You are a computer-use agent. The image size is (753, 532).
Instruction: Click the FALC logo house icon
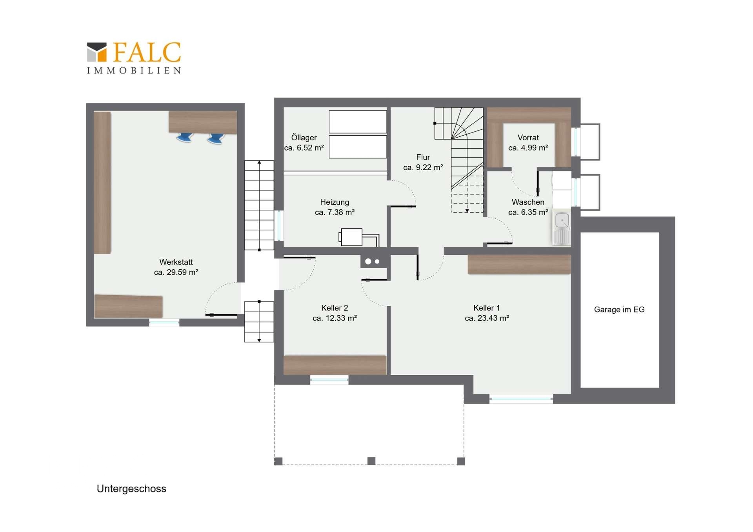point(97,52)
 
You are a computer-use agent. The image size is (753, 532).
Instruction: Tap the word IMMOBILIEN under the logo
point(134,71)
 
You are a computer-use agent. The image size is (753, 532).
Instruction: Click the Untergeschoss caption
point(131,488)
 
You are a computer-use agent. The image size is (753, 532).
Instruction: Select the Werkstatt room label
point(176,262)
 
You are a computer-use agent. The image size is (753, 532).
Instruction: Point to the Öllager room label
point(304,138)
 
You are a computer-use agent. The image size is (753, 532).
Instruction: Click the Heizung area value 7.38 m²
point(335,212)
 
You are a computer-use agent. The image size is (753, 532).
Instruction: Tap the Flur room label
point(423,157)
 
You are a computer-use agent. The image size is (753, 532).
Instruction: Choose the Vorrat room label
point(528,138)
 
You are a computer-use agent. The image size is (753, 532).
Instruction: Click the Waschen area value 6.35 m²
point(528,212)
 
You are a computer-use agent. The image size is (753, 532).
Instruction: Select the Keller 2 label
point(335,308)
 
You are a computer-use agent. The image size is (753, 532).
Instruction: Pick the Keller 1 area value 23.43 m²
point(487,318)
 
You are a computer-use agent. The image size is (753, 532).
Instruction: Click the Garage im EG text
point(619,310)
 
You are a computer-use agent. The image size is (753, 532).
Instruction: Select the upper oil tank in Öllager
point(358,122)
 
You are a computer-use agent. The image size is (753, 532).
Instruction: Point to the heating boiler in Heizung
point(351,237)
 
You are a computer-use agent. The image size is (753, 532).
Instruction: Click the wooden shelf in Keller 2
point(335,365)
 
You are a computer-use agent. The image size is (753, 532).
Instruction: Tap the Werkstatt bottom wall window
point(164,323)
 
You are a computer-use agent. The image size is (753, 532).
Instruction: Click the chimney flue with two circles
point(372,261)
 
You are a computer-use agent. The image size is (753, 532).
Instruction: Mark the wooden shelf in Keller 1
point(519,264)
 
